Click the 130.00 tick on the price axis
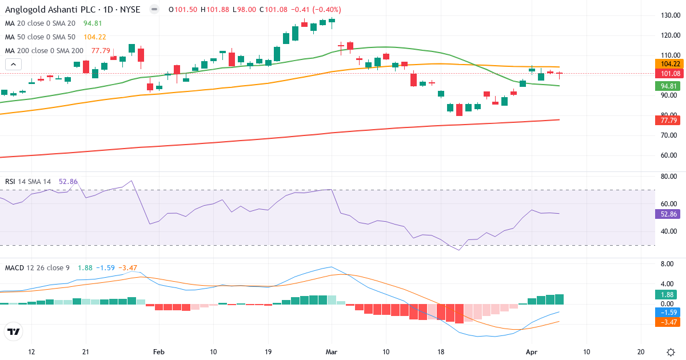[x=669, y=15]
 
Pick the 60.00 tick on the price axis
[x=669, y=155]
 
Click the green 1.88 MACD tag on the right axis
[x=668, y=294]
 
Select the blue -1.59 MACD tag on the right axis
[x=668, y=313]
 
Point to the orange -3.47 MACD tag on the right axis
[x=668, y=322]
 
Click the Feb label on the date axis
[x=159, y=351]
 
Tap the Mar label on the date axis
[x=331, y=351]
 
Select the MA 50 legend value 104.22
[x=95, y=37]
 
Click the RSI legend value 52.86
[x=68, y=181]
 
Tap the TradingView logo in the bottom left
[x=14, y=331]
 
